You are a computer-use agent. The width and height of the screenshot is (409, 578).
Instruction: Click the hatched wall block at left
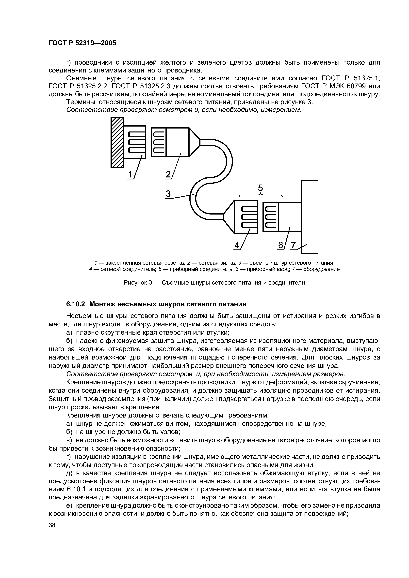pos(117,142)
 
